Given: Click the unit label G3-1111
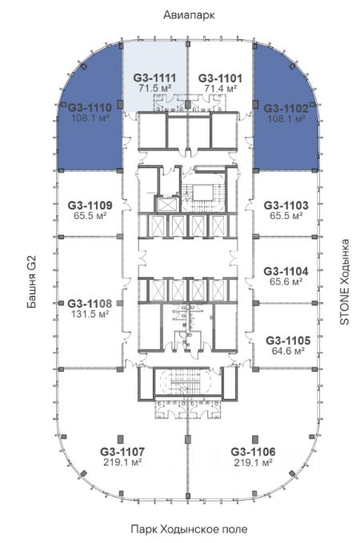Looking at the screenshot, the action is click(x=154, y=78).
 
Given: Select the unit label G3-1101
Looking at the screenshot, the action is click(x=220, y=78).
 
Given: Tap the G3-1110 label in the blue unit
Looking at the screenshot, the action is click(x=90, y=108).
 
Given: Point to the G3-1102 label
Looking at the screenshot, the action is click(x=286, y=109).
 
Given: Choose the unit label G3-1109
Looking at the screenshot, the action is click(x=90, y=206).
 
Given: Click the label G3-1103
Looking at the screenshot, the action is click(x=286, y=206).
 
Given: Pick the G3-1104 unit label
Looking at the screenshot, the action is click(x=286, y=271).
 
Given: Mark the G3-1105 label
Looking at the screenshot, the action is click(x=288, y=341).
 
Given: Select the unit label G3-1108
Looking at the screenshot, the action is click(x=90, y=304).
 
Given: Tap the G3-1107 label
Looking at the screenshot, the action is click(x=122, y=452).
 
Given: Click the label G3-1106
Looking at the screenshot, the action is click(x=253, y=452).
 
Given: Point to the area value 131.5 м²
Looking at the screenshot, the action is click(x=90, y=314).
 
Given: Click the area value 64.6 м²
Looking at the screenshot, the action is click(x=288, y=351).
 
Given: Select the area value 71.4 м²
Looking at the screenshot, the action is click(x=220, y=88).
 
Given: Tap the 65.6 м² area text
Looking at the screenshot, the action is click(x=286, y=281).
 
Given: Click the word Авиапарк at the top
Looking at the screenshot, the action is click(x=189, y=15).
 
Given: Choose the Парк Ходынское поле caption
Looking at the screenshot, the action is click(x=189, y=529).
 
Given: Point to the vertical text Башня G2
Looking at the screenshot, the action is click(x=31, y=282).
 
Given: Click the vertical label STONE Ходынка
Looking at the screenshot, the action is click(x=345, y=281).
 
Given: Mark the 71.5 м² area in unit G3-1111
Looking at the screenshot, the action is click(x=155, y=88).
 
